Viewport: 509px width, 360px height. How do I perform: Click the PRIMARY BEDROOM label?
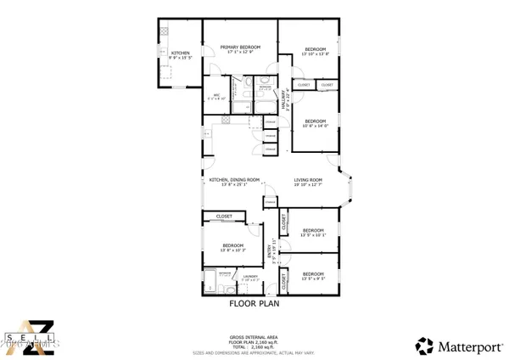240,47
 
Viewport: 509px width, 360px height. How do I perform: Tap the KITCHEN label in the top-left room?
180,53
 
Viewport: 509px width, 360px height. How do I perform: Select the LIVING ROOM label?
308,180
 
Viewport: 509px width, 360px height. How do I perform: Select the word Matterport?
466,346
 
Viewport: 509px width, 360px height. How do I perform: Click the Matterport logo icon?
422,345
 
